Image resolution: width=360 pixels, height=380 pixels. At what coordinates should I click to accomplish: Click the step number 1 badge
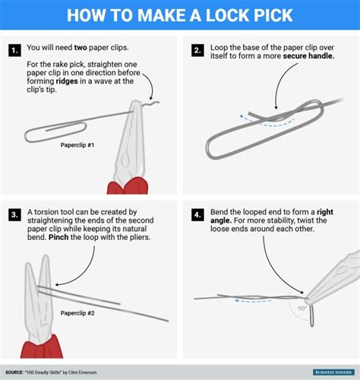pyautogui.click(x=14, y=51)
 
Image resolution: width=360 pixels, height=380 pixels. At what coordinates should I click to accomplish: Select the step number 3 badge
pyautogui.click(x=14, y=216)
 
